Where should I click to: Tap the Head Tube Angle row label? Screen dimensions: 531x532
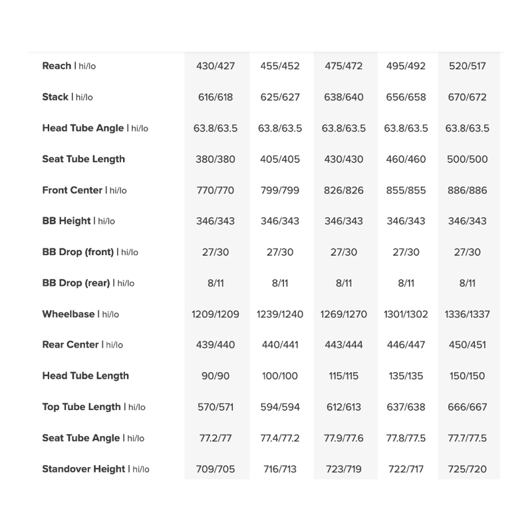[x=95, y=128]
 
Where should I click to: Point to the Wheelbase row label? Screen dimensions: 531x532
[x=80, y=314]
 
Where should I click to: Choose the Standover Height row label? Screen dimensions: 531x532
[x=95, y=469]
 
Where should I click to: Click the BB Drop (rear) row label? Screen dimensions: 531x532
[x=88, y=283]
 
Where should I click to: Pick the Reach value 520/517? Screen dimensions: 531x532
[x=467, y=66]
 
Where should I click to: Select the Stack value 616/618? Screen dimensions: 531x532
[x=215, y=97]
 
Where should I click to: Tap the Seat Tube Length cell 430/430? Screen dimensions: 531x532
[x=344, y=159]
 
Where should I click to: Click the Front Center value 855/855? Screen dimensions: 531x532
[x=406, y=190]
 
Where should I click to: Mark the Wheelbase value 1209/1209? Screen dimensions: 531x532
[x=215, y=314]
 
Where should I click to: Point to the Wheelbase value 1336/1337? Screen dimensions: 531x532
[x=467, y=314]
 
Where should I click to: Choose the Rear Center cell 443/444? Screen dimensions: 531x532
[x=344, y=345]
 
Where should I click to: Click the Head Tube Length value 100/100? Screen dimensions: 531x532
[x=280, y=376]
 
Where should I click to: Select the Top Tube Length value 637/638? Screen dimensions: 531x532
[x=406, y=407]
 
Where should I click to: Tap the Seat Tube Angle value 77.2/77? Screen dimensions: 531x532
[x=215, y=438]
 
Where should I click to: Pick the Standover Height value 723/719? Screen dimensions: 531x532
[x=344, y=469]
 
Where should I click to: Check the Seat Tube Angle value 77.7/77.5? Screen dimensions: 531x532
[x=467, y=438]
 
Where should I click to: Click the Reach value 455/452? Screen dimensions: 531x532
[x=280, y=66]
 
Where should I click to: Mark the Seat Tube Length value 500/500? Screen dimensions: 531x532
[x=467, y=159]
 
